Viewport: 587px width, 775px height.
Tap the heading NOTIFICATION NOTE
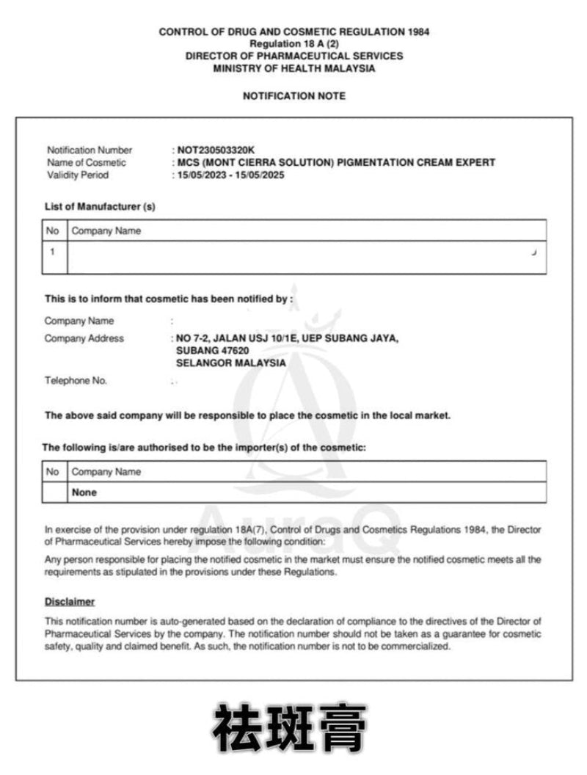pyautogui.click(x=293, y=96)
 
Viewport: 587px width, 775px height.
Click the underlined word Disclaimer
pyautogui.click(x=70, y=602)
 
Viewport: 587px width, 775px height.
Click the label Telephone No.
pyautogui.click(x=76, y=381)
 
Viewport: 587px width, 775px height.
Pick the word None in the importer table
pyautogui.click(x=84, y=492)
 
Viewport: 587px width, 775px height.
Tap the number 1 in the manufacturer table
pyautogui.click(x=53, y=252)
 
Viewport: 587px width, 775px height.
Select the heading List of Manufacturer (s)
pyautogui.click(x=100, y=207)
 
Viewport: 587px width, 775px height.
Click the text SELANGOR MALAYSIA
pyautogui.click(x=231, y=363)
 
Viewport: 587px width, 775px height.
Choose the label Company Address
pyautogui.click(x=84, y=338)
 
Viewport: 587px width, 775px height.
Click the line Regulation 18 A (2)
pyautogui.click(x=293, y=44)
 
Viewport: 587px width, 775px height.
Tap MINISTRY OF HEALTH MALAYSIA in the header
pyautogui.click(x=293, y=68)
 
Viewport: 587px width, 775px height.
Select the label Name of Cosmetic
pyautogui.click(x=87, y=163)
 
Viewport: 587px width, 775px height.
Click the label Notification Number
pyautogui.click(x=90, y=150)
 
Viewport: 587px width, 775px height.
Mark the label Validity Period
pyautogui.click(x=77, y=175)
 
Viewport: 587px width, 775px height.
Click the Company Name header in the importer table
pyautogui.click(x=106, y=472)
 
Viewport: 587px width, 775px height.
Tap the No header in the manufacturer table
pyautogui.click(x=52, y=230)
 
